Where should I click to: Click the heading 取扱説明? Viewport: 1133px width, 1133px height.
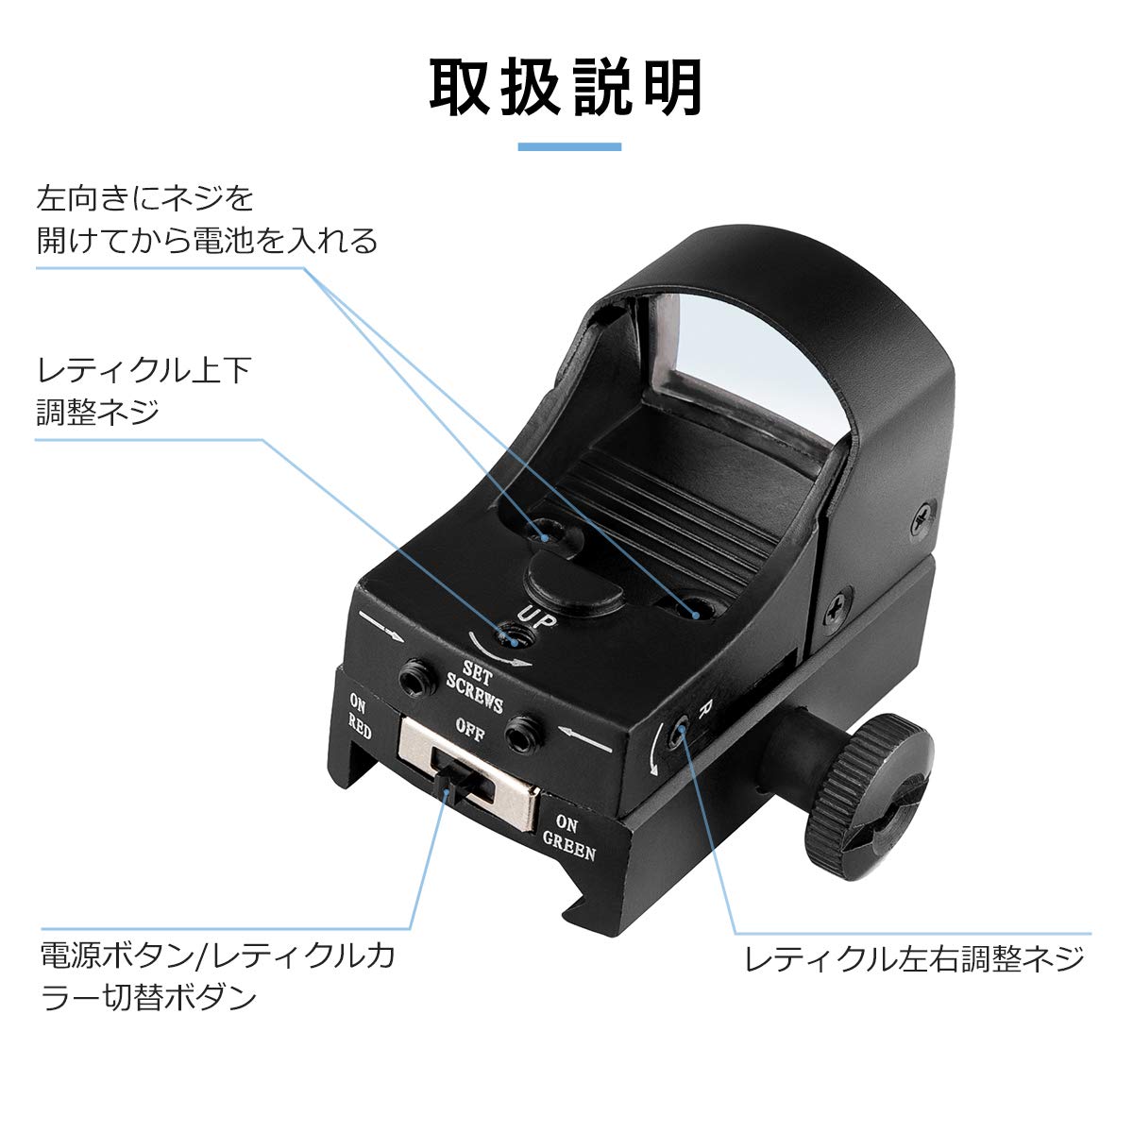[x=566, y=88]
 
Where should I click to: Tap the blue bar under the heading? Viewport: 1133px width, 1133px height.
[x=569, y=146]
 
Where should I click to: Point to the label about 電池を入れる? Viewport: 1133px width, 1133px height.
[x=207, y=220]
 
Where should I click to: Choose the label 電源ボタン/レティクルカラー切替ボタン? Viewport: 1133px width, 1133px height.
[x=216, y=974]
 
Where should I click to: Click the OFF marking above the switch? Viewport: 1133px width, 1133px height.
[x=469, y=730]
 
